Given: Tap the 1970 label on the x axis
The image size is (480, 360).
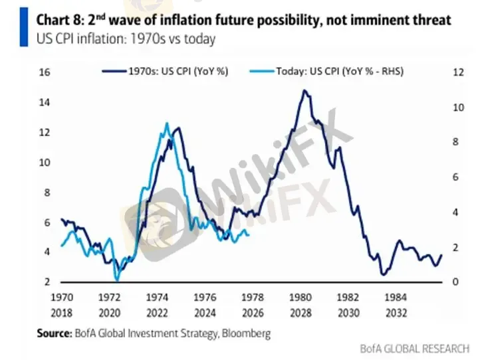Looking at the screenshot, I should click(x=62, y=297).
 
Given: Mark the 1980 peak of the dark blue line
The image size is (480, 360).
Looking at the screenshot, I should click(x=304, y=90).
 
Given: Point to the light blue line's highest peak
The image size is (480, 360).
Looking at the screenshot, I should click(x=167, y=124).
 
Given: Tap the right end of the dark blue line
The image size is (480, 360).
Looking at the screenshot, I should click(x=441, y=255).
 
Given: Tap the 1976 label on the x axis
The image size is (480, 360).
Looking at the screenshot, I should click(x=205, y=297).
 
